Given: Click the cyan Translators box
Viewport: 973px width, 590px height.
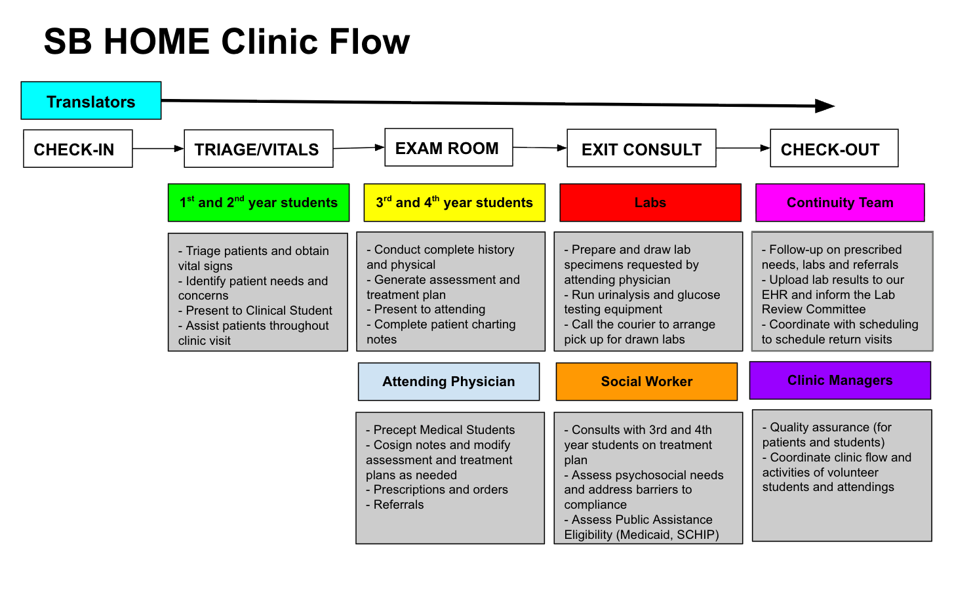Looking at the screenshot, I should [x=90, y=101].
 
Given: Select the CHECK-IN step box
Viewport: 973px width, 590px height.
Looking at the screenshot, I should [x=77, y=149].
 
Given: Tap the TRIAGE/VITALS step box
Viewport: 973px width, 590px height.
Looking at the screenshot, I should [x=258, y=149].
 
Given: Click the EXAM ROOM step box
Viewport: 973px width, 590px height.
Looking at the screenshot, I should [x=448, y=147].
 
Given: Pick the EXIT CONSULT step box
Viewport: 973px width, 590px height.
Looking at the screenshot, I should [x=641, y=149].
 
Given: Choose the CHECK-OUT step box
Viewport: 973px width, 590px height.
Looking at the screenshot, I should [x=833, y=149].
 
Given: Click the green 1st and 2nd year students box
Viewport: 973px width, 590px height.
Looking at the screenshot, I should [x=258, y=203].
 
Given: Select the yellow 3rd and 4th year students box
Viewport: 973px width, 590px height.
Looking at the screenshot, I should [x=454, y=203].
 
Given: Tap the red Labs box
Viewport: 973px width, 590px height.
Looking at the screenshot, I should [x=650, y=203].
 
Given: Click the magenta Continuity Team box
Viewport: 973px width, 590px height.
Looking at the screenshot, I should [x=839, y=203].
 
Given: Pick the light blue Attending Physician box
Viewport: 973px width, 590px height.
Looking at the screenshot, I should [x=448, y=382].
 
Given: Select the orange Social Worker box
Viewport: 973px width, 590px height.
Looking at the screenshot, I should [x=646, y=382].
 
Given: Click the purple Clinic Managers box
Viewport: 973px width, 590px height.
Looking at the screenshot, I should [x=839, y=380].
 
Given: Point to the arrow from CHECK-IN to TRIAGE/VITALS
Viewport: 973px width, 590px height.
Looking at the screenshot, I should [x=158, y=149].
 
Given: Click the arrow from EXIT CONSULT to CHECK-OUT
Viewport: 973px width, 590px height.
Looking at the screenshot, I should [x=743, y=148].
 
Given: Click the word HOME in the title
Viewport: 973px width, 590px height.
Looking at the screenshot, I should [x=156, y=42].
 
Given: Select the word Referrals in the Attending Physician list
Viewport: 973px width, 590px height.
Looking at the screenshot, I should [x=399, y=505].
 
